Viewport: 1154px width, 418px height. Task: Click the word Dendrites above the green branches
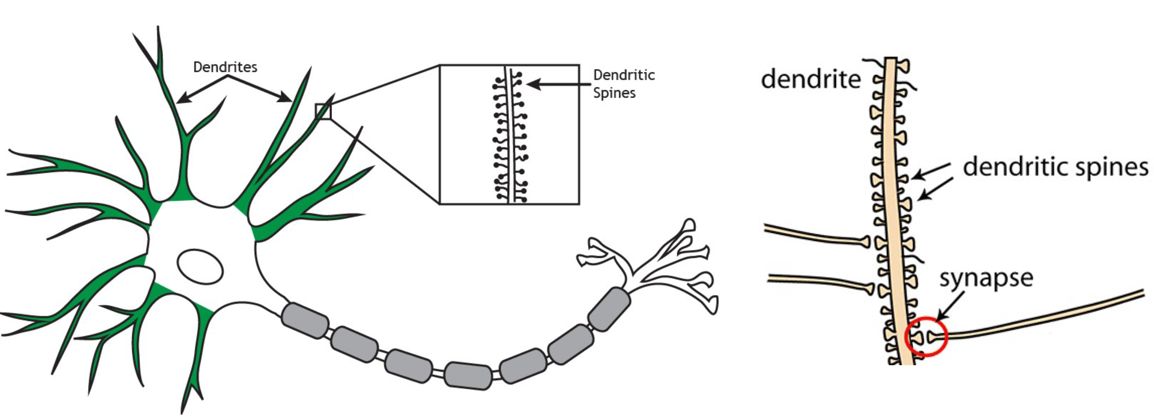(x=225, y=67)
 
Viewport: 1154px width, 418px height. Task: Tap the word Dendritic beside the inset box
(x=624, y=75)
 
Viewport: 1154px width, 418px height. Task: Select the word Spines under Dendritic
(x=614, y=93)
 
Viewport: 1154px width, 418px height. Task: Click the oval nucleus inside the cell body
(x=200, y=266)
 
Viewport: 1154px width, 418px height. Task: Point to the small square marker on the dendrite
(x=323, y=111)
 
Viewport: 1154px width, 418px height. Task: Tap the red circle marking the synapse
(x=927, y=336)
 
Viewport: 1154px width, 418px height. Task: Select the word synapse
(x=986, y=278)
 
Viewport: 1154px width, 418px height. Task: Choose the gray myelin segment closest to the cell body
(x=305, y=321)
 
